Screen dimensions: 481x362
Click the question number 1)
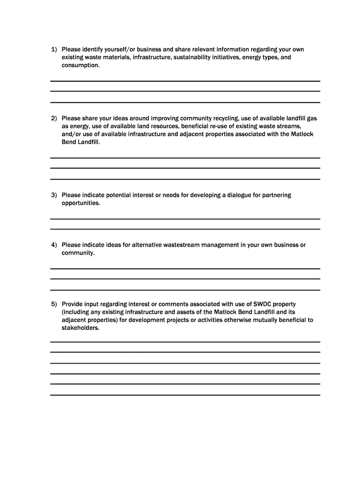(x=54, y=49)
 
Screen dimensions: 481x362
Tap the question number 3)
(x=54, y=195)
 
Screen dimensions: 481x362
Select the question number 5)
(x=54, y=304)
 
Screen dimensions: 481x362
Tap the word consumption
(x=80, y=66)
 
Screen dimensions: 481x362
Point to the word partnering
(x=276, y=195)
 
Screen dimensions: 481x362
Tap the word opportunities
(x=81, y=203)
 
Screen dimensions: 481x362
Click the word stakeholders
(x=80, y=328)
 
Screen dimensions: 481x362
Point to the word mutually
(x=260, y=320)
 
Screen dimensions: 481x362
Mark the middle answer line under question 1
(x=185, y=91)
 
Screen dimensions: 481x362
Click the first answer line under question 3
(x=185, y=219)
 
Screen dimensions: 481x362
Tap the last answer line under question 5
(x=185, y=395)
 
